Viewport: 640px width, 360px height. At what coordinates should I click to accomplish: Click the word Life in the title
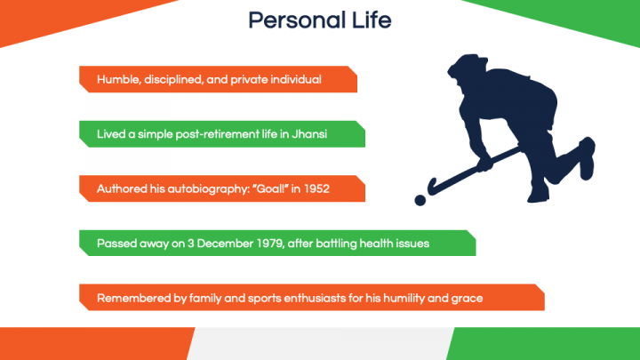click(x=372, y=20)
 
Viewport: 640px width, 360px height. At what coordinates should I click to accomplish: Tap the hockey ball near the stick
click(x=420, y=200)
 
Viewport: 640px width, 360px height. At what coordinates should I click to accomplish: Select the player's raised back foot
click(x=587, y=158)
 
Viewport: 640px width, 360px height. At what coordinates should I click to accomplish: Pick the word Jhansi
click(x=309, y=134)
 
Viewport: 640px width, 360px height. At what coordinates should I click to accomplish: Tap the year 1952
click(x=316, y=189)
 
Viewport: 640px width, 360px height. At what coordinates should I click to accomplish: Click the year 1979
click(x=270, y=244)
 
